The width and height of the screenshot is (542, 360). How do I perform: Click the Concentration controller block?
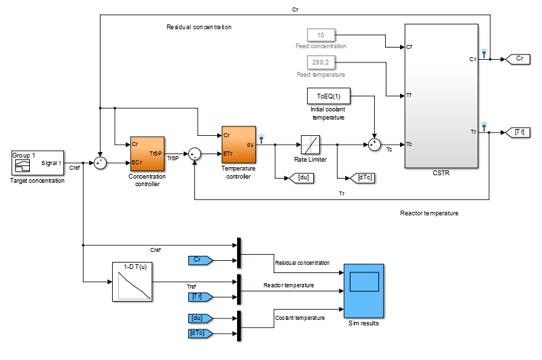[x=147, y=154]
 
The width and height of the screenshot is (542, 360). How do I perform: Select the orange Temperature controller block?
[x=238, y=145]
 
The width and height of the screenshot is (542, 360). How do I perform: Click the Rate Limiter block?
[x=310, y=145]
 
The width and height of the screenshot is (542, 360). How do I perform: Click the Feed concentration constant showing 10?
[x=321, y=35]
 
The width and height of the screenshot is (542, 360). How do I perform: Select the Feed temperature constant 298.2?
[x=321, y=62]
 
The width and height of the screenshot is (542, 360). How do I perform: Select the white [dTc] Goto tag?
[x=366, y=178]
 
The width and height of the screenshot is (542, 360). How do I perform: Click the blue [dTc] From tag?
[x=200, y=333]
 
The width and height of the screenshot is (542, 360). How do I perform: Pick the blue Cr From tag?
[x=200, y=260]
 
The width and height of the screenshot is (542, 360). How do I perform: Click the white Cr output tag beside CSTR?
[x=518, y=59]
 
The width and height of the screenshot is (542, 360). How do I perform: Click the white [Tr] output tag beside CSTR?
[x=518, y=132]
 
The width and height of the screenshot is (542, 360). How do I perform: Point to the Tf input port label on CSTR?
[x=410, y=96]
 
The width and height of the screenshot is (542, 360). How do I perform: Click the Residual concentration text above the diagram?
[x=199, y=27]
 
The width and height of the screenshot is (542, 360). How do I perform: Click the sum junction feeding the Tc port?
[x=374, y=145]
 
